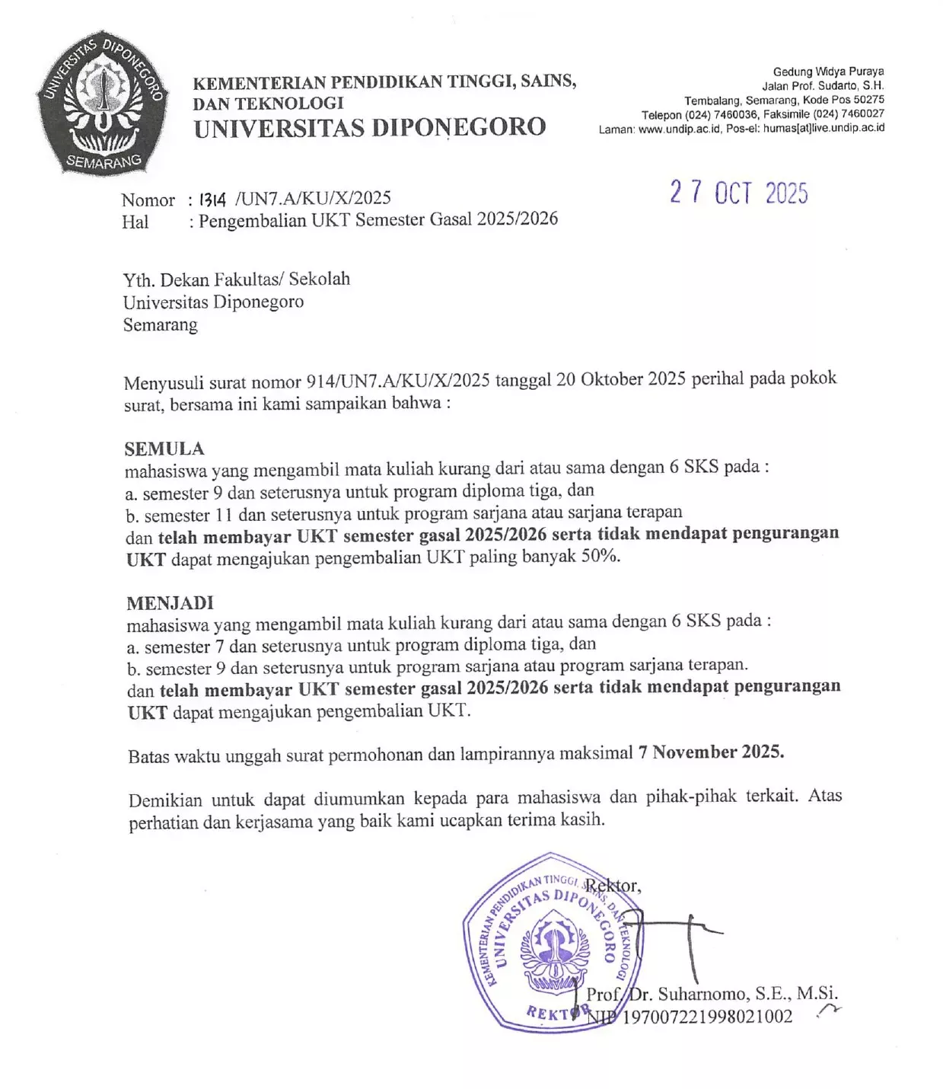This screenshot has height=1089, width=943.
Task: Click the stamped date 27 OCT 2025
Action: (x=738, y=193)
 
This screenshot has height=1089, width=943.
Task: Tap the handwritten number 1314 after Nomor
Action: (x=212, y=200)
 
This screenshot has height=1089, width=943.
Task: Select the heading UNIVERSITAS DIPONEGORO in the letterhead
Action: (x=370, y=128)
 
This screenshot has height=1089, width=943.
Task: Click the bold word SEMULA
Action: (x=164, y=449)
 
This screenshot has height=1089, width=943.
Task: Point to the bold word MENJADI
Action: (x=170, y=603)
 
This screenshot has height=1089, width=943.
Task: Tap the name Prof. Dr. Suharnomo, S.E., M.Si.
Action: (x=712, y=994)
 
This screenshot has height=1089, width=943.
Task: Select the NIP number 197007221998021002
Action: (x=707, y=1017)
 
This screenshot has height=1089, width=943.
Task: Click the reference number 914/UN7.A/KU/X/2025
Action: (x=397, y=380)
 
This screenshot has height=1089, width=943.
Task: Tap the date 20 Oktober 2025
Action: (x=620, y=379)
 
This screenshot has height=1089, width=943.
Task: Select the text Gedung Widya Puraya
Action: (x=828, y=72)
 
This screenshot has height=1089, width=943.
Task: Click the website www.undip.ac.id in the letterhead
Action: (x=679, y=129)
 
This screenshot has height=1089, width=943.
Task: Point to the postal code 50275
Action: (x=868, y=100)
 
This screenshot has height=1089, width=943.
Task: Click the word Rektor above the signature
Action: (x=612, y=886)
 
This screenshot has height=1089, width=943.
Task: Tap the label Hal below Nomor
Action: (x=135, y=222)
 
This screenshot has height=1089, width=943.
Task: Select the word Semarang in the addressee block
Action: (x=160, y=325)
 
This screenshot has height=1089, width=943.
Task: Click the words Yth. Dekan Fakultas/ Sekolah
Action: (x=237, y=279)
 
